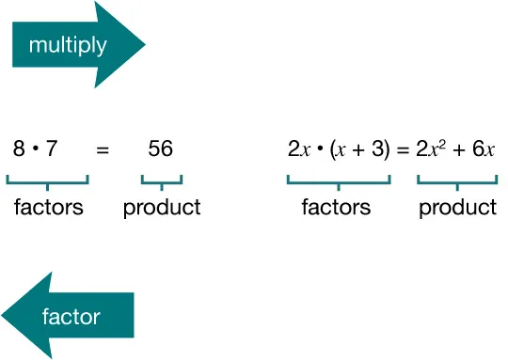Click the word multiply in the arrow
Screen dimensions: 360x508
[x=68, y=45]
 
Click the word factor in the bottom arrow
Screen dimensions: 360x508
[x=71, y=316]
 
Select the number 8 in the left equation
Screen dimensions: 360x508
[x=19, y=149]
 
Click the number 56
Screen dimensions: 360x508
[x=161, y=149]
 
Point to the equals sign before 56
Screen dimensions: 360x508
[x=103, y=149]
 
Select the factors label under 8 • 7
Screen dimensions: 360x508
[x=48, y=208]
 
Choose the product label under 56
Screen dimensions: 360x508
[x=162, y=208]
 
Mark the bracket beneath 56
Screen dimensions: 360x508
[x=162, y=181]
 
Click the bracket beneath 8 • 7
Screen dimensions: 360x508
[x=48, y=181]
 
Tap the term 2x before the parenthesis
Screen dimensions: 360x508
[x=298, y=149]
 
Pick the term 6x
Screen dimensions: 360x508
[x=482, y=149]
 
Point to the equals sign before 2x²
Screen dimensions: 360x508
[x=403, y=149]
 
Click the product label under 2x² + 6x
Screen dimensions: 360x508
[x=457, y=208]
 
